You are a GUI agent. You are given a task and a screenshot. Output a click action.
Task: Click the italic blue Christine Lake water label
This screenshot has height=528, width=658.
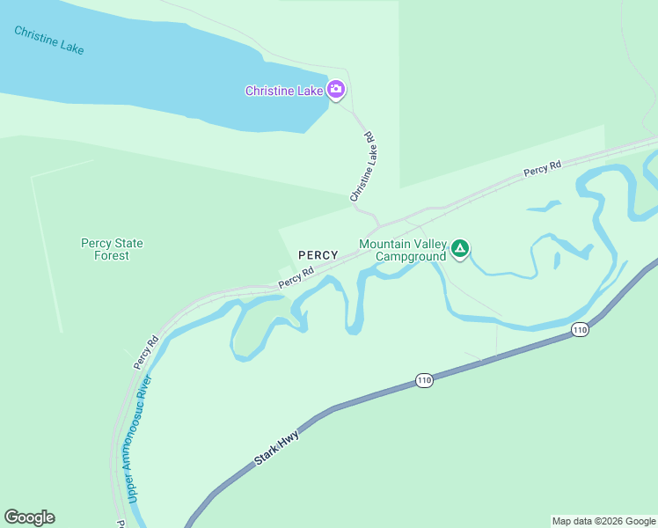coord(49,40)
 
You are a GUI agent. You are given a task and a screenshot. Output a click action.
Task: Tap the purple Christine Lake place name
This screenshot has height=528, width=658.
coord(284,91)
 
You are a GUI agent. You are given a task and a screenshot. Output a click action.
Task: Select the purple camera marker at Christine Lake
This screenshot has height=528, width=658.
coord(335,90)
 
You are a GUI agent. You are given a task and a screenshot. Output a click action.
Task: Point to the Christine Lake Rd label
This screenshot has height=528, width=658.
coord(363,167)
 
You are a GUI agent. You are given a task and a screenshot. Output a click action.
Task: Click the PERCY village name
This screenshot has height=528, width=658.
coord(318,255)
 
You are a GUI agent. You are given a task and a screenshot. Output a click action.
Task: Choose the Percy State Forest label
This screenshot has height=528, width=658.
coord(112,249)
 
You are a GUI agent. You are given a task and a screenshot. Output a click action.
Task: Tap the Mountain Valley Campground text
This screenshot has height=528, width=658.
coord(404,250)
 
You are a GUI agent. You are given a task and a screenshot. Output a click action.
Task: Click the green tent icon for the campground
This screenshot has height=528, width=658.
coord(459,249)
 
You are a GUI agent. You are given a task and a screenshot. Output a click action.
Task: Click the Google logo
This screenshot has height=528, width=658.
coord(29,517)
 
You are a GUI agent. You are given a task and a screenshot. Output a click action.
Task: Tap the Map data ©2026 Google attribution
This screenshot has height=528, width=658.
coord(603,521)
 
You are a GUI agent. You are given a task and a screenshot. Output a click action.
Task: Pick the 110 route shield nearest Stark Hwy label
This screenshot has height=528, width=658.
coord(424,380)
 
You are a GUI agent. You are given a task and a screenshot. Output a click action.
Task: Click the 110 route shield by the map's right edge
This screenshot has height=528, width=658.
coord(579,330)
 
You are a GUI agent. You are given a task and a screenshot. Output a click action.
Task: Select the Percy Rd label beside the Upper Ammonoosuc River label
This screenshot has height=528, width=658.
coord(146,352)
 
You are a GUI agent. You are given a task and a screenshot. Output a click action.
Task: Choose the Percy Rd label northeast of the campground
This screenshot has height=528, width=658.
coord(542,169)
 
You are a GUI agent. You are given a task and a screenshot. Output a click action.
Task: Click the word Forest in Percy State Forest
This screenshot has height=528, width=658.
coord(112,255)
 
